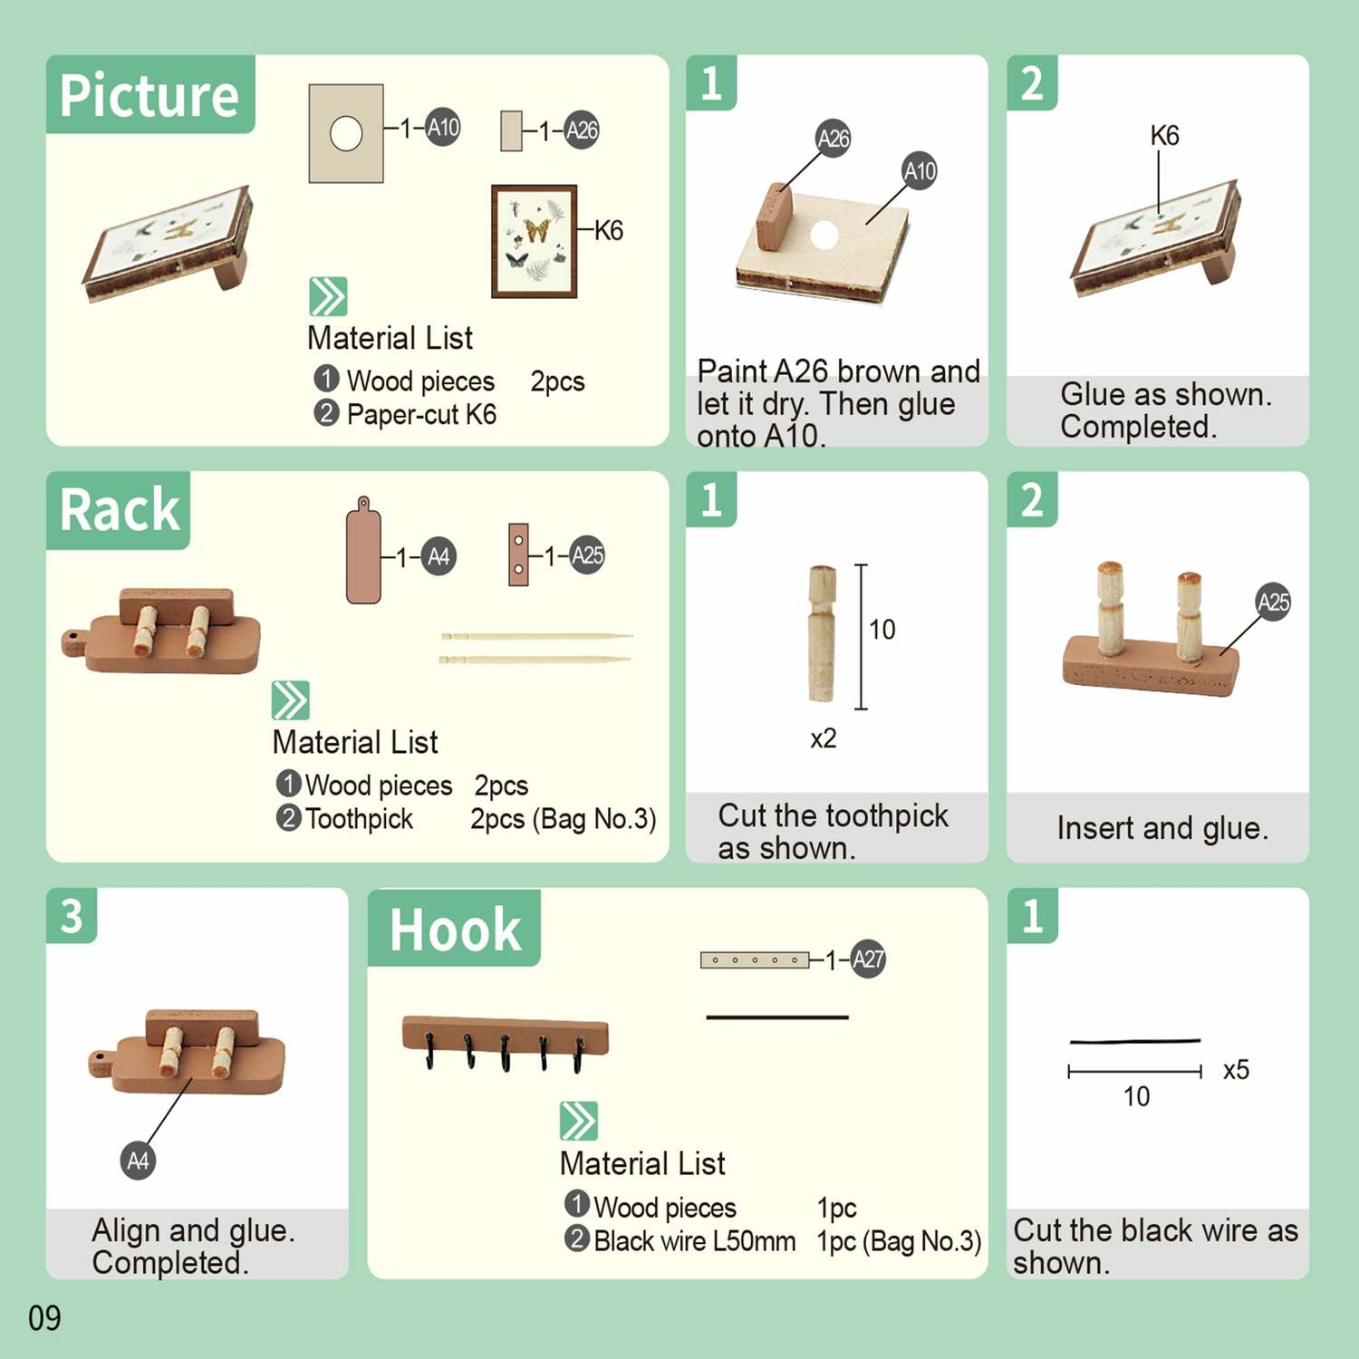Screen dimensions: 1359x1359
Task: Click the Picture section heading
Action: point(149,95)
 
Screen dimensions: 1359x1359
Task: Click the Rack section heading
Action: point(120,510)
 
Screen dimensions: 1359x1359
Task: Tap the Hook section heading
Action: point(455,930)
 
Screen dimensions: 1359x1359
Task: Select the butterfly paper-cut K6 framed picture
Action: point(535,241)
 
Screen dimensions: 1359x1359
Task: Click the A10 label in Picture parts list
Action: point(443,128)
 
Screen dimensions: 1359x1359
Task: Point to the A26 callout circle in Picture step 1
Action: point(833,139)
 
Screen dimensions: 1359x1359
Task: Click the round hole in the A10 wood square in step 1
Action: point(824,235)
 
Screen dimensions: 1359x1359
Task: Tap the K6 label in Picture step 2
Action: point(1164,136)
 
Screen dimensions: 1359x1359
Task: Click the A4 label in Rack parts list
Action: point(439,556)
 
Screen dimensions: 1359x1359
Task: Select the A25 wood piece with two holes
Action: point(518,554)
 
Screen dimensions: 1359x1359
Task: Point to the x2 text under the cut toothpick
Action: point(823,738)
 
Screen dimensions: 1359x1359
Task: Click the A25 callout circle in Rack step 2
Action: point(1273,602)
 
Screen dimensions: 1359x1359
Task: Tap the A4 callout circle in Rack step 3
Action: point(138,1161)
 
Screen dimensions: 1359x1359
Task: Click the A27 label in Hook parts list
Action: point(868,959)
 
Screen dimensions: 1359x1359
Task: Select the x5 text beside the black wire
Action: point(1236,1070)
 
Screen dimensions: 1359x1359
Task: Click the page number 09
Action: point(44,1318)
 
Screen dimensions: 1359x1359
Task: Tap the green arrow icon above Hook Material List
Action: point(579,1121)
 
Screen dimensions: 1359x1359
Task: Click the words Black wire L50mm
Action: point(694,1241)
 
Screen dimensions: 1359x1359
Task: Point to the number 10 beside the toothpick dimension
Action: point(882,630)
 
